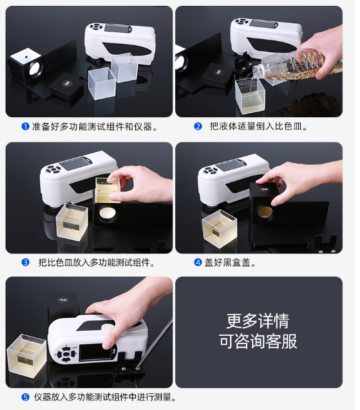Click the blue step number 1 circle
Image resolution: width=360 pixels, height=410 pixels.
pyautogui.click(x=25, y=127)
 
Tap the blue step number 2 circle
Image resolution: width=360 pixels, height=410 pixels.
pyautogui.click(x=198, y=127)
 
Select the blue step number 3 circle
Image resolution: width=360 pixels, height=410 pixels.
pyautogui.click(x=25, y=262)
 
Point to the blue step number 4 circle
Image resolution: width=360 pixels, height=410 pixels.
pyautogui.click(x=198, y=262)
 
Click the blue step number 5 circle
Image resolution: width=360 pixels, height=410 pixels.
pyautogui.click(x=25, y=398)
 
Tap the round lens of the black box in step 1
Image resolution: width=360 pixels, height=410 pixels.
pyautogui.click(x=36, y=68)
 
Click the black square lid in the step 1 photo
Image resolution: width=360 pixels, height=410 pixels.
pyautogui.click(x=66, y=88)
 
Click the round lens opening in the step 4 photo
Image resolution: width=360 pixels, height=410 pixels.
pyautogui.click(x=265, y=213)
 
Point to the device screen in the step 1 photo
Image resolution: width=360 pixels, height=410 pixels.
pyautogui.click(x=118, y=28)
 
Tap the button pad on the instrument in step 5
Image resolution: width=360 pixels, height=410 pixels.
pyautogui.click(x=66, y=354)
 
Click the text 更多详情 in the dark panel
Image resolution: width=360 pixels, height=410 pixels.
pyautogui.click(x=258, y=321)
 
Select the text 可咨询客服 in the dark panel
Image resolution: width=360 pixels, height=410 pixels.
pyautogui.click(x=258, y=341)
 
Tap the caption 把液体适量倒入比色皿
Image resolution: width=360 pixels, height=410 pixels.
pyautogui.click(x=258, y=126)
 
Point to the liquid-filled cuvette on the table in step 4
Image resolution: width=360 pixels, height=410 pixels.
pyautogui.click(x=220, y=229)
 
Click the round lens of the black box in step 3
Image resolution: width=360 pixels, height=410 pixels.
pyautogui.click(x=108, y=215)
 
